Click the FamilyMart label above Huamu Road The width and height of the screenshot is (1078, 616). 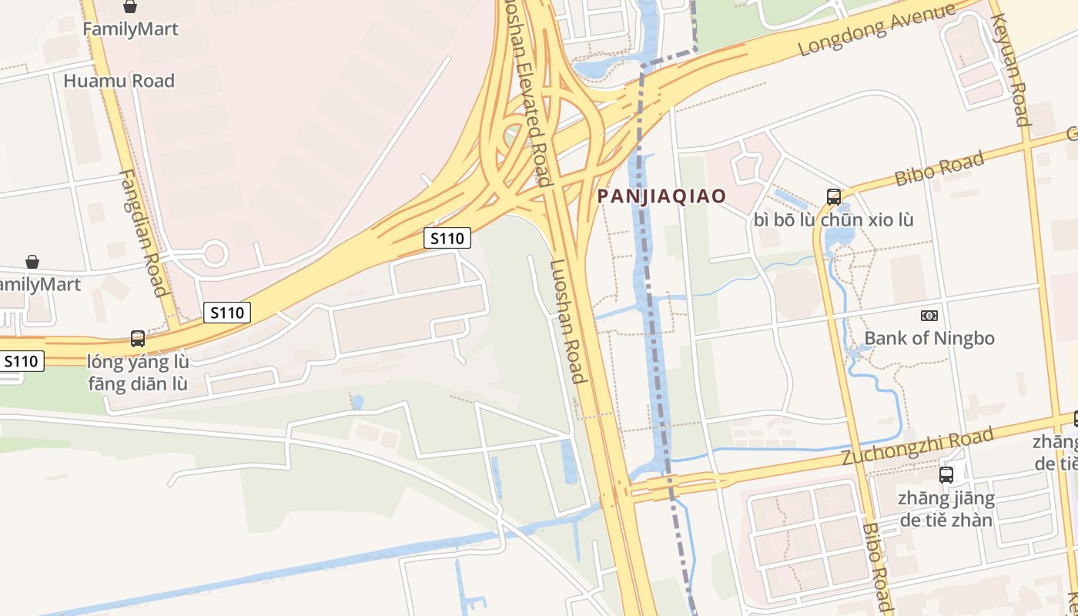[x=130, y=29]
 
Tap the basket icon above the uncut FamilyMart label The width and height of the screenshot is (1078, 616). [x=130, y=7]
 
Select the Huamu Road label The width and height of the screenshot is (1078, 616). [x=119, y=81]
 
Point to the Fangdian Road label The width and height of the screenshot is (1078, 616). [x=144, y=233]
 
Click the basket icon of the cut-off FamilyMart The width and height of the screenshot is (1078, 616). [x=32, y=263]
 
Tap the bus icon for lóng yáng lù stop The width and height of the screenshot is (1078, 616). [x=138, y=338]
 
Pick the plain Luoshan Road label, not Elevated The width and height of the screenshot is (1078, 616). [x=567, y=321]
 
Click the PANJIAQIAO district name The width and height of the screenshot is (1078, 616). [x=662, y=196]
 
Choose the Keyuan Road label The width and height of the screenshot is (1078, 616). [x=1010, y=69]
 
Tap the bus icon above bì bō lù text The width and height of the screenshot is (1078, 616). [x=834, y=196]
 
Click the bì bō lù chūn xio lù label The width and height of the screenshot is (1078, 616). [x=834, y=219]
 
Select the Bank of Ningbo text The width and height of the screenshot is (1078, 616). [x=929, y=338]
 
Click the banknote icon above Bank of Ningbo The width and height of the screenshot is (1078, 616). [x=929, y=316]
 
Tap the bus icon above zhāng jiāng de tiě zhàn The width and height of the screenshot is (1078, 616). [x=946, y=475]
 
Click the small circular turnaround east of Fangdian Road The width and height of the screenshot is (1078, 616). [x=214, y=253]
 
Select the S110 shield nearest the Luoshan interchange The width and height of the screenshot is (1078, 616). [x=447, y=239]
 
